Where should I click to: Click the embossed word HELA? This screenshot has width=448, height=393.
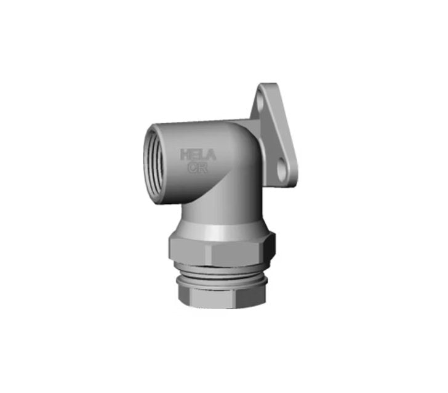tap(198, 155)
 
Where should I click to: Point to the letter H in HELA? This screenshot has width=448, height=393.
tap(185, 155)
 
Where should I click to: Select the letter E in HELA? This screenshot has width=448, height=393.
tap(194, 155)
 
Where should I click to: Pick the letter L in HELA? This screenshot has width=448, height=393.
tap(202, 155)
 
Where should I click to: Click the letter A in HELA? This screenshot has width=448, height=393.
tap(210, 155)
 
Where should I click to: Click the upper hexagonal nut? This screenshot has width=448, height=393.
tap(222, 246)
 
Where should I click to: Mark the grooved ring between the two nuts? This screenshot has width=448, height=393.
tap(222, 270)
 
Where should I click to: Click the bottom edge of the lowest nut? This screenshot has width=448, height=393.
tap(222, 306)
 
